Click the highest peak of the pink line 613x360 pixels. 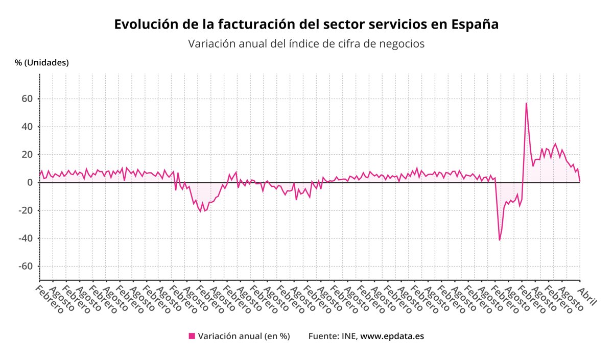click(x=526, y=103)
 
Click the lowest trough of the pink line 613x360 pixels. click(x=500, y=240)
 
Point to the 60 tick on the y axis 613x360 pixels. click(x=28, y=99)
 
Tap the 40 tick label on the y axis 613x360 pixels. click(x=28, y=127)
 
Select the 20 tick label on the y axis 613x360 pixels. click(x=28, y=155)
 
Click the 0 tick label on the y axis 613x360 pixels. click(x=30, y=182)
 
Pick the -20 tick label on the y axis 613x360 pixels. click(x=26, y=210)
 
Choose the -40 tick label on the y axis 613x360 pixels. click(x=26, y=238)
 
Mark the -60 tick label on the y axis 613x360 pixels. click(x=26, y=267)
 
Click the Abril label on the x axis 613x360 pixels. click(x=587, y=296)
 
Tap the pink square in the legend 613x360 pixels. click(x=192, y=336)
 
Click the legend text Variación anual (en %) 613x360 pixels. click(x=244, y=337)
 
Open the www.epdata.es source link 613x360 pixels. click(x=392, y=337)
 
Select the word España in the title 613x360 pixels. click(x=475, y=25)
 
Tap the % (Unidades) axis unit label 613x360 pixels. click(x=42, y=63)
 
